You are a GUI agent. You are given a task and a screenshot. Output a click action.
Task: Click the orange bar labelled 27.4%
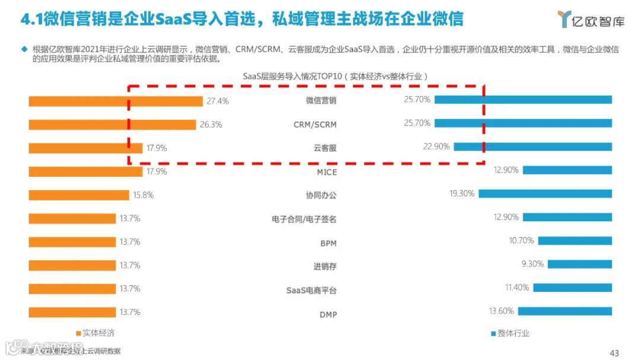coord(116,101)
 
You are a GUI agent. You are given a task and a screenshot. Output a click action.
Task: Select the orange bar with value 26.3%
coord(112,125)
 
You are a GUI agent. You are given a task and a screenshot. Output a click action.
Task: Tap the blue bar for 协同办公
coord(545,193)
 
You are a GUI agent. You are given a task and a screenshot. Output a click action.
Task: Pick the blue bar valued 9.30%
coord(579,264)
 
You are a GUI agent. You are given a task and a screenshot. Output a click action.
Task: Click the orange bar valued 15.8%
coord(79,195)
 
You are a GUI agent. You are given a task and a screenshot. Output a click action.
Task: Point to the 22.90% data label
coord(436,146)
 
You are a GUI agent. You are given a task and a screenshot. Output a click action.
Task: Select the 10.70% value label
coord(521,240)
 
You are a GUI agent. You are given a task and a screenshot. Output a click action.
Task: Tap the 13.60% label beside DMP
coord(501,311)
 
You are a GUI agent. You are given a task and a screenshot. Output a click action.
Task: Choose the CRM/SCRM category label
coord(315,125)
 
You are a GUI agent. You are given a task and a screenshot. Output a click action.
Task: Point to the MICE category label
coord(326,172)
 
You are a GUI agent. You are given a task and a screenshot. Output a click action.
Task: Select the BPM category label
coord(328,243)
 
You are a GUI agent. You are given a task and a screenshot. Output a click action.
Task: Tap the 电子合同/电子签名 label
coord(304,219)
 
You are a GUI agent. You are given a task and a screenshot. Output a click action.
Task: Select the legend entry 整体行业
coord(510,333)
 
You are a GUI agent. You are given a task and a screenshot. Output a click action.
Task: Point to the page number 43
coord(614,353)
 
